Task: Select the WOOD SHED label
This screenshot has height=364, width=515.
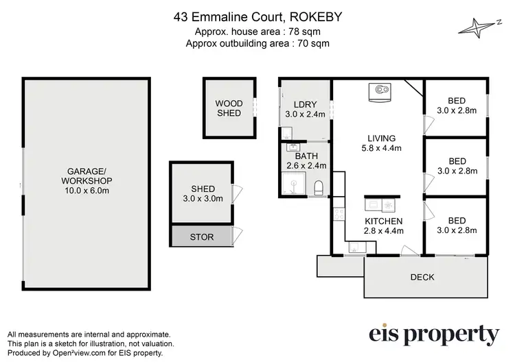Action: pos(229,108)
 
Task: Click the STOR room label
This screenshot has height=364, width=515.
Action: pos(202,237)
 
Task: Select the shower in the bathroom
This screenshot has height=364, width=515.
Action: pos(293,183)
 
